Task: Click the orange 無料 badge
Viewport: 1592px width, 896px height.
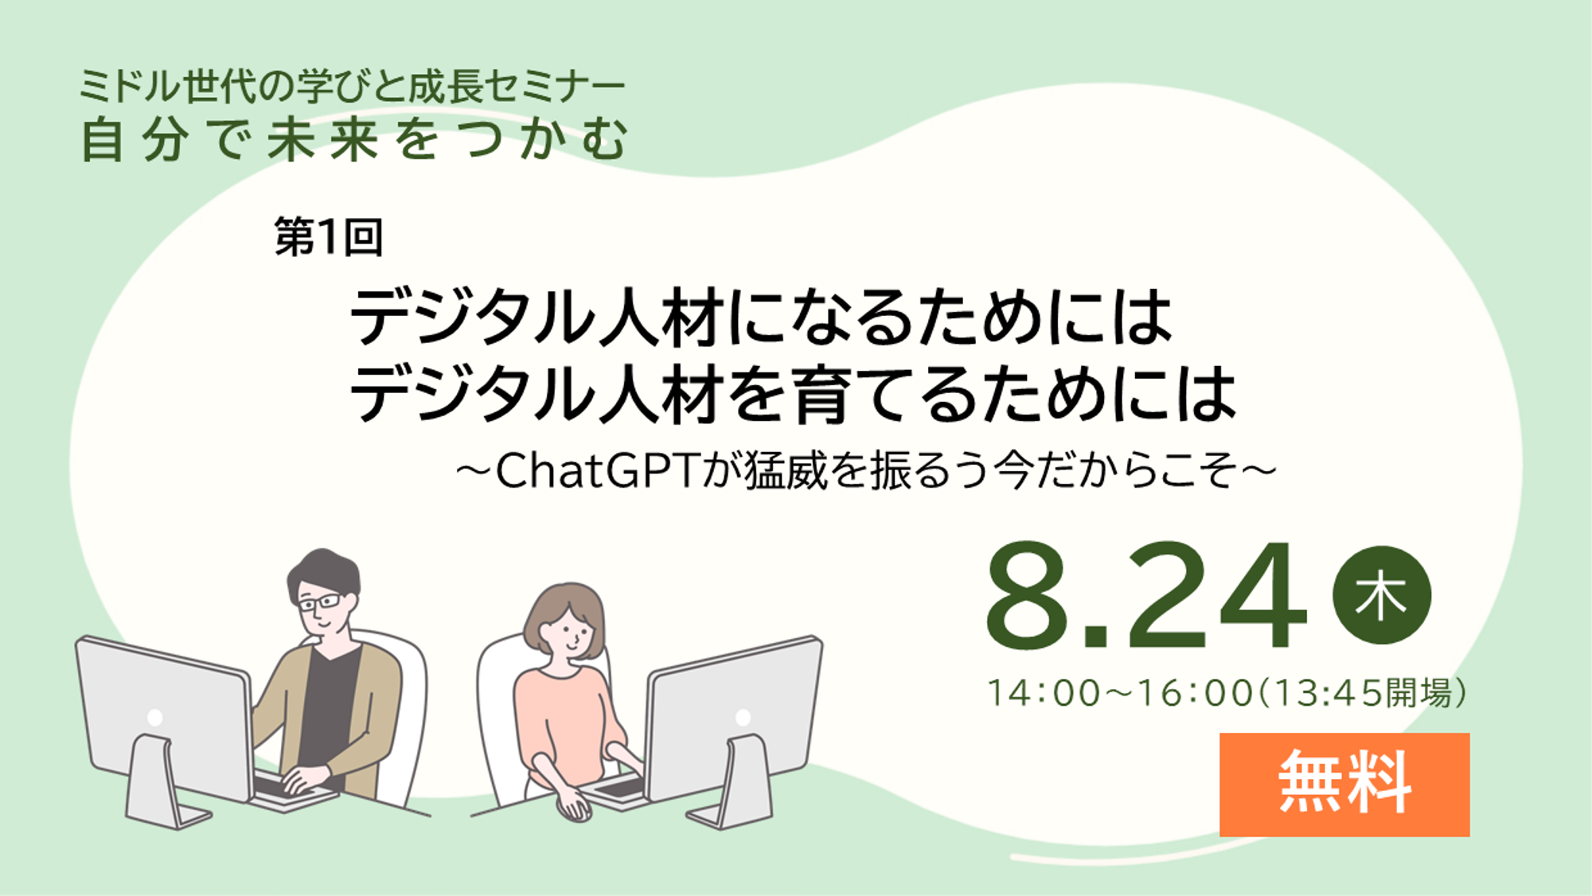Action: point(1344,784)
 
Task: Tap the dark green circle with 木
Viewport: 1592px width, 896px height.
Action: point(1382,595)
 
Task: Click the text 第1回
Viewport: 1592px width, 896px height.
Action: point(329,236)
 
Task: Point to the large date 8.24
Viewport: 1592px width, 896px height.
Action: point(1146,595)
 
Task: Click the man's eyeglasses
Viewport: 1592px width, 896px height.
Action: point(320,601)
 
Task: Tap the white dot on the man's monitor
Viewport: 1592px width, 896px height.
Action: point(155,718)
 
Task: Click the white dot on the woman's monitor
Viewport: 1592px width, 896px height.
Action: point(743,718)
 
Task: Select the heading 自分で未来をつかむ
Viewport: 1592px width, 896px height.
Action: point(355,139)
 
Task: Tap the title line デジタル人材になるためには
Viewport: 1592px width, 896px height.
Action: point(761,317)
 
